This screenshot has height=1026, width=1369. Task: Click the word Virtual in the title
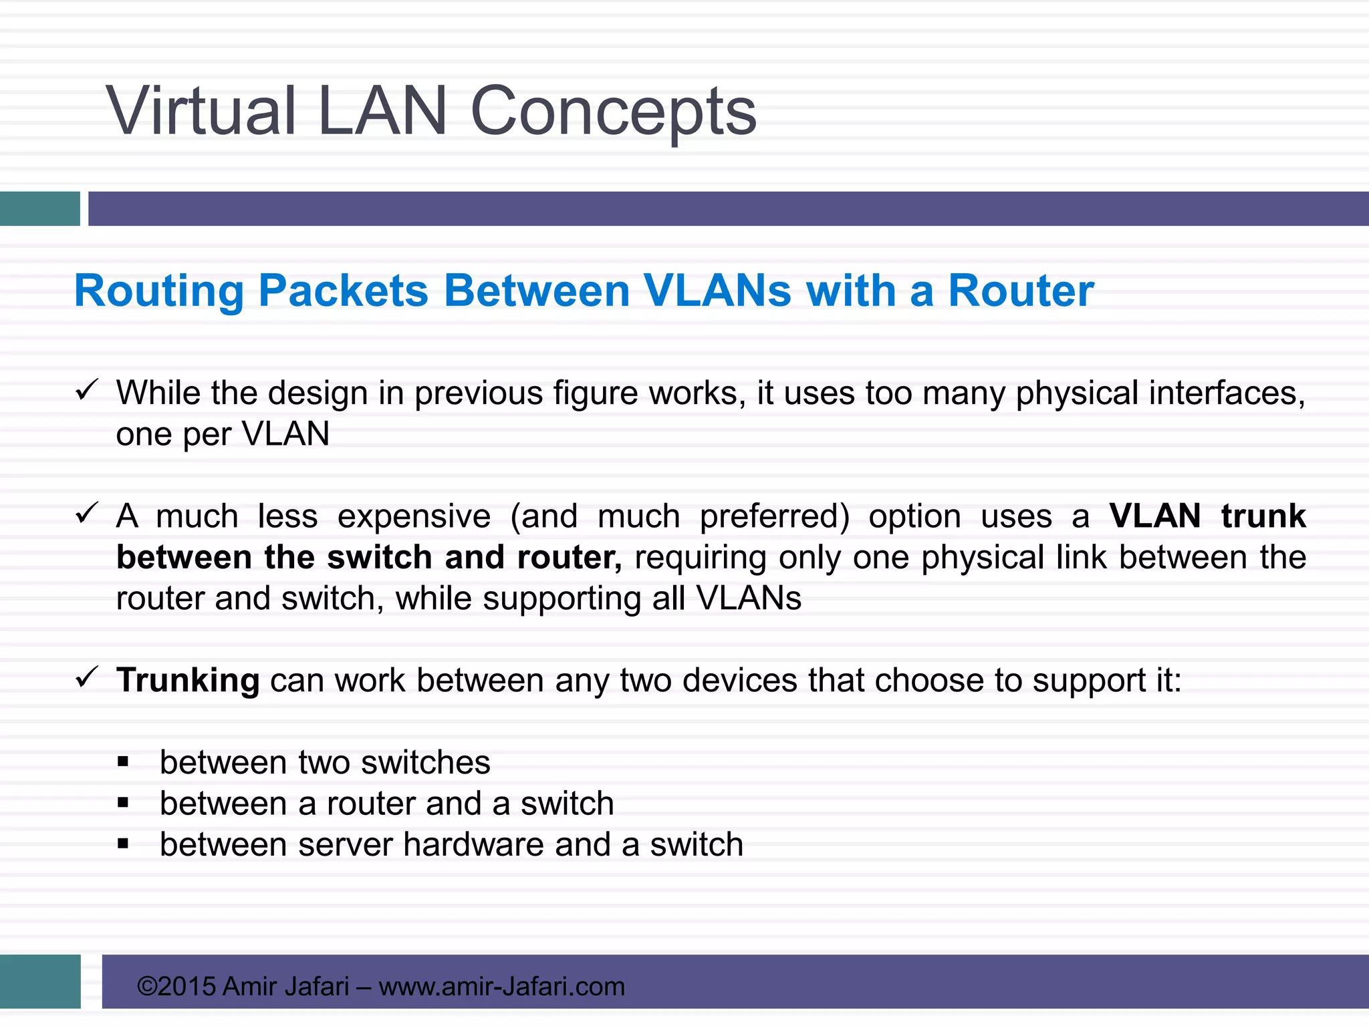pyautogui.click(x=201, y=111)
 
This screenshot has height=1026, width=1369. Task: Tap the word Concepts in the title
pyautogui.click(x=613, y=112)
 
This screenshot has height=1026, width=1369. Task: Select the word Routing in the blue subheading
pyautogui.click(x=159, y=291)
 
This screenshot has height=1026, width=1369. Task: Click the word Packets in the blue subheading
pyautogui.click(x=343, y=291)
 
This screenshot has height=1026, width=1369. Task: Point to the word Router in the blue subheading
pyautogui.click(x=1021, y=291)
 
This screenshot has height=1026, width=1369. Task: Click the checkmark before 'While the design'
pyautogui.click(x=87, y=389)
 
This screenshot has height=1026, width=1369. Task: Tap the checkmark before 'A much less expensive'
pyautogui.click(x=87, y=513)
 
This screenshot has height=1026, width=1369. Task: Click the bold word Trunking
pyautogui.click(x=188, y=681)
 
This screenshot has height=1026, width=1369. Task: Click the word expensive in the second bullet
pyautogui.click(x=414, y=516)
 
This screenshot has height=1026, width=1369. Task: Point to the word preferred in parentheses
pyautogui.click(x=773, y=516)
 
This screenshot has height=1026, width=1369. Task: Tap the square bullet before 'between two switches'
pyautogui.click(x=123, y=762)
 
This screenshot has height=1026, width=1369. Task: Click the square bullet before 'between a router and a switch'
pyautogui.click(x=123, y=803)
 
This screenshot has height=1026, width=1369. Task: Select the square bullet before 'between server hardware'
pyautogui.click(x=123, y=844)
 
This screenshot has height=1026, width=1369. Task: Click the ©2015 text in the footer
pyautogui.click(x=176, y=986)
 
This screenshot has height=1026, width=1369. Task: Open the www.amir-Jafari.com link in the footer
pyautogui.click(x=501, y=986)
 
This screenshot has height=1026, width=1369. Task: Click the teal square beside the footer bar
pyautogui.click(x=40, y=981)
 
